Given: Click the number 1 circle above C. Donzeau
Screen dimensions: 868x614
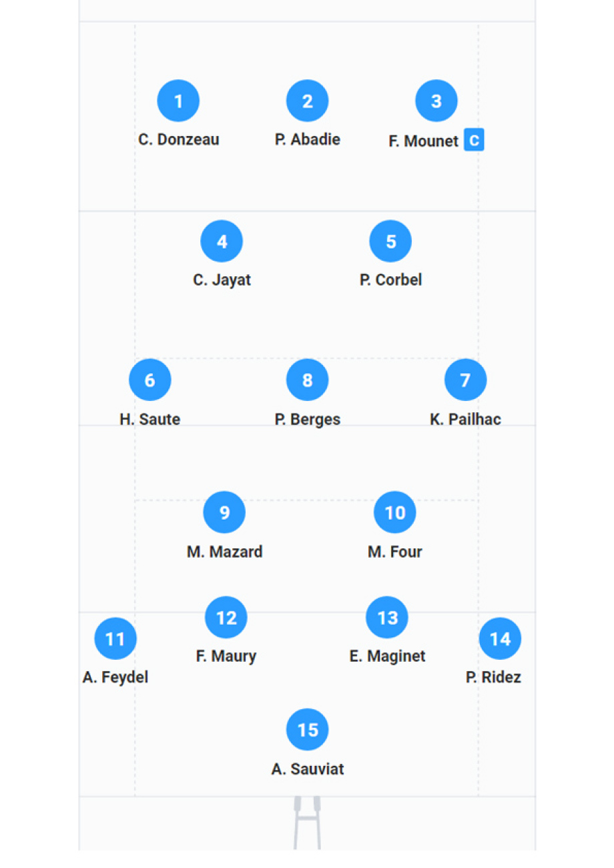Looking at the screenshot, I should pos(178,101).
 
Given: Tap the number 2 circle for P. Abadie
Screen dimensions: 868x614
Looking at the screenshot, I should pos(307,101).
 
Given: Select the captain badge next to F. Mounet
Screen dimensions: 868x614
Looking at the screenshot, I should pos(474,141).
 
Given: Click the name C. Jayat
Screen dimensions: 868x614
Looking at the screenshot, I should pos(222,280).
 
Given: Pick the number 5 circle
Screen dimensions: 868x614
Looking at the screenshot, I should pos(390,241).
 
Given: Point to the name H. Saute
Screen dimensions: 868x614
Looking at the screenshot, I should pos(149,419).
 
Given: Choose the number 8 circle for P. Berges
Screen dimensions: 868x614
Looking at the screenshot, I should pos(307,380).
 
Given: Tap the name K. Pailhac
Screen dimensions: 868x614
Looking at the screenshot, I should pos(465,419).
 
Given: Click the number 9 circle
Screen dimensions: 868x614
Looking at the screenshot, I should pos(224,512).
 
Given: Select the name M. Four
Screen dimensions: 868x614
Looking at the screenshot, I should pos(394,552).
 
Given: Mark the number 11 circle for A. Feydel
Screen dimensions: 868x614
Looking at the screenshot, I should pos(115,639).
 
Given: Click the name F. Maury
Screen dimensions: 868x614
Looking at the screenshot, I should pos(226,656).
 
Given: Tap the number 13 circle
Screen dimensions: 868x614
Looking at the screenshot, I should pos(387,618).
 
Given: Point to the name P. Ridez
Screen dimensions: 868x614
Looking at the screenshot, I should pos(493,677).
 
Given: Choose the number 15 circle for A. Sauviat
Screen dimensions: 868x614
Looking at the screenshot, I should pos(308,730).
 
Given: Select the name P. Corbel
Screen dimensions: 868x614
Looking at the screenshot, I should pos(390,280).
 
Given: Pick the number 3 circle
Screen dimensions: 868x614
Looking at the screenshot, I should pos(436,101).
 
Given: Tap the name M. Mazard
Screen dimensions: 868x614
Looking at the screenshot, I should pos(224,552).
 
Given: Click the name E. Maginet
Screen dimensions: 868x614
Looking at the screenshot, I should pos(387,656).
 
